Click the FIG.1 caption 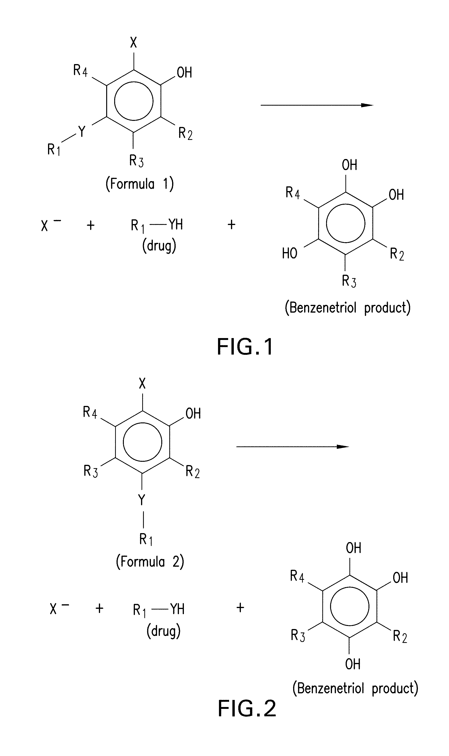tap(245, 347)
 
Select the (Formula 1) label tap(139, 184)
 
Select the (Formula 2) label tap(150, 562)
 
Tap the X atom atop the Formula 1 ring tap(133, 43)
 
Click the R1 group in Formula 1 tap(53, 150)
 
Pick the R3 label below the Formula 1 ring tap(136, 160)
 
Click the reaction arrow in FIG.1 tap(317, 105)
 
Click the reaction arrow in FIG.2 tap(292, 447)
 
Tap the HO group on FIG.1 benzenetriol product tap(290, 253)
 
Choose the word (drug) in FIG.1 tap(159, 246)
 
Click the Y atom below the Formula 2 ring tap(142, 500)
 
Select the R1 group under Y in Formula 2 tap(146, 539)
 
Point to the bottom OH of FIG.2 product tap(352, 664)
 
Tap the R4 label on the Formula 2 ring tap(90, 412)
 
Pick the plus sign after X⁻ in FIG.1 tap(90, 225)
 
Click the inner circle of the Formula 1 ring tap(133, 101)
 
